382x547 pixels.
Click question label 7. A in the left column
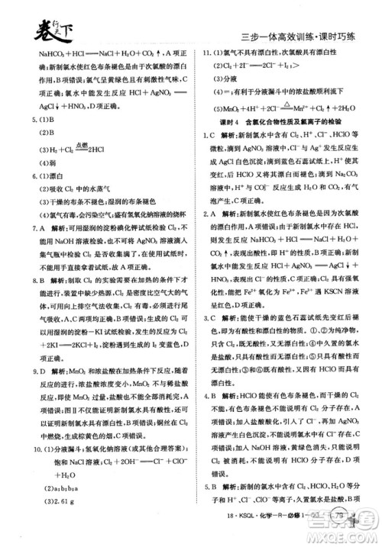tap(28, 227)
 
